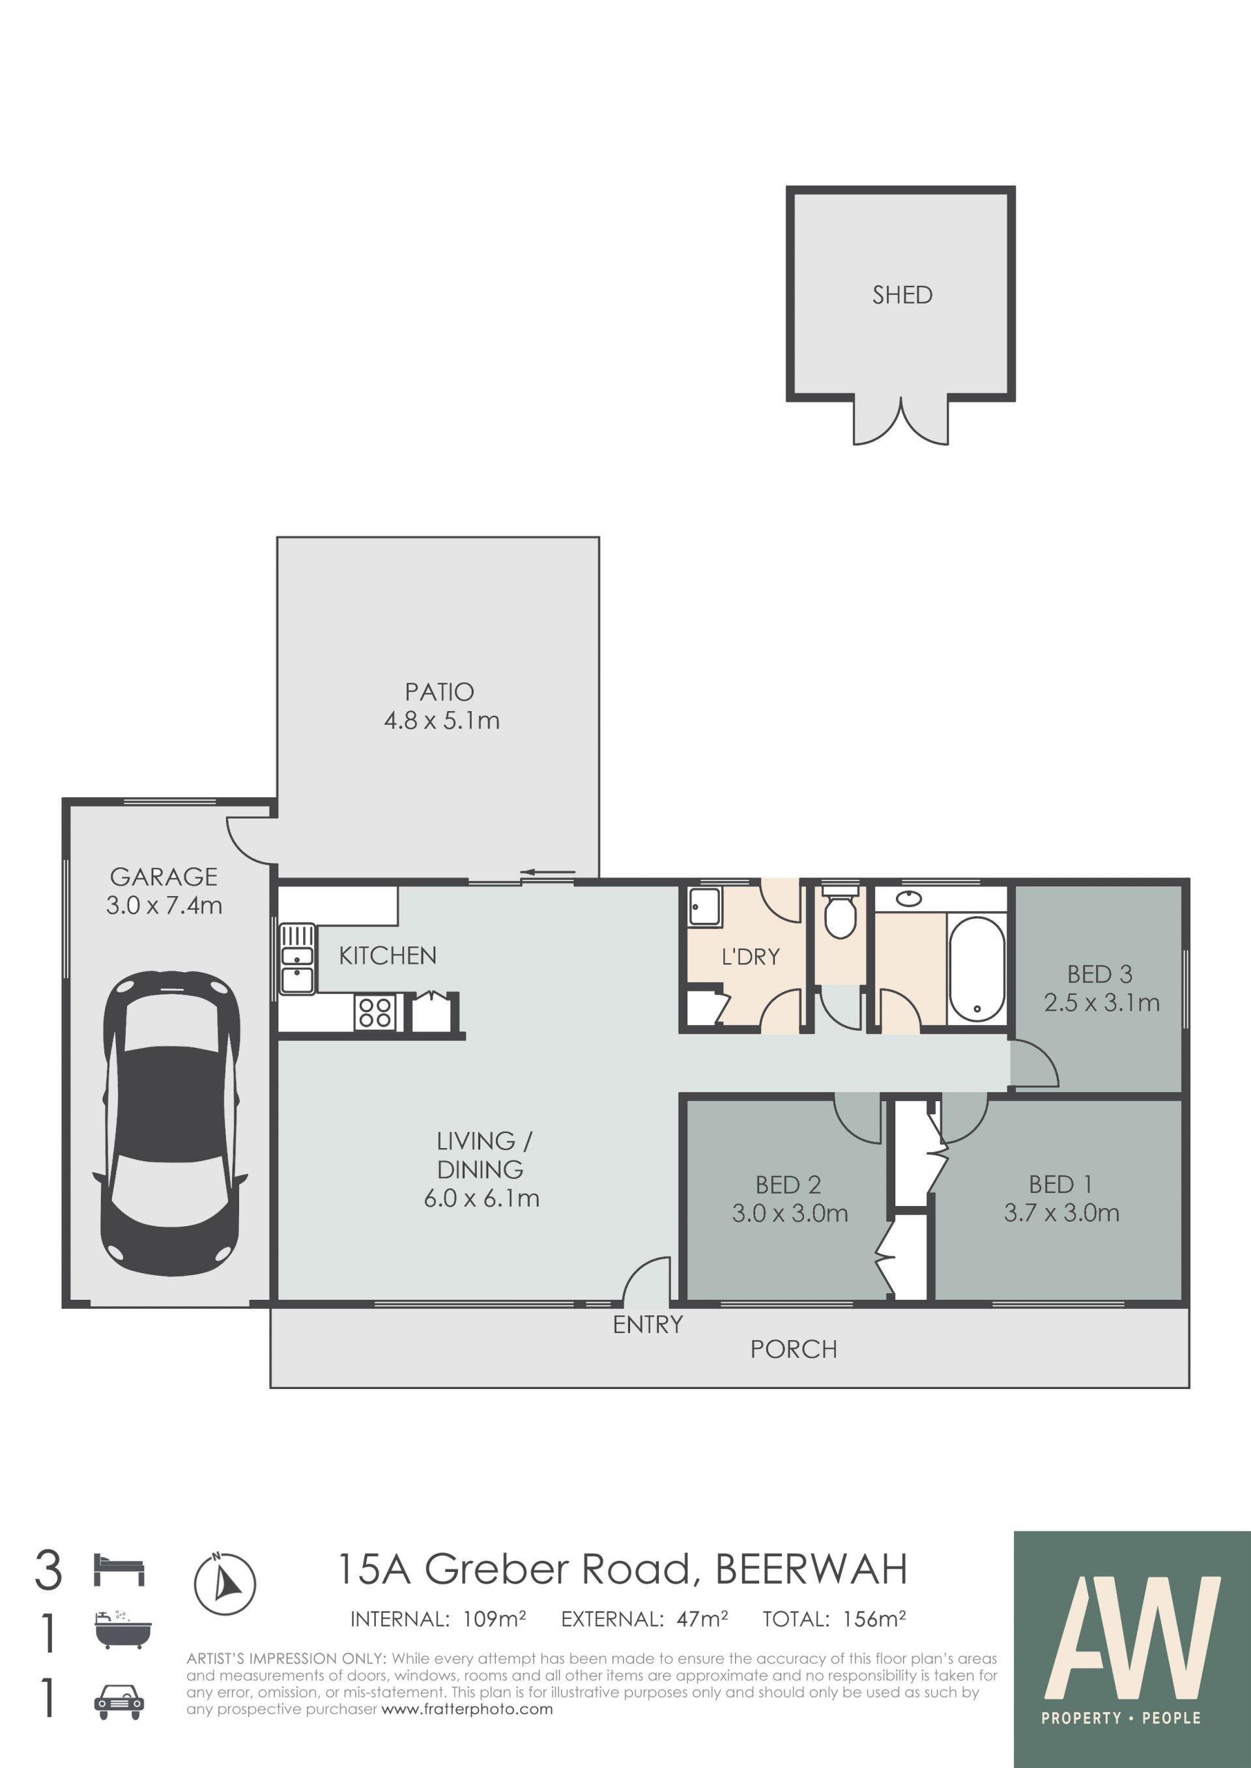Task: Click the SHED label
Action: point(902,295)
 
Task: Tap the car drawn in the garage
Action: point(170,1123)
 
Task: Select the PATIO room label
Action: point(439,692)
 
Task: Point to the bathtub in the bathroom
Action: point(977,969)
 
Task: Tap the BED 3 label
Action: point(1099,974)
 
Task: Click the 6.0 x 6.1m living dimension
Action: point(482,1198)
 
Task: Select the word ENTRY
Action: point(648,1325)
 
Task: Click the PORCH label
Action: point(794,1349)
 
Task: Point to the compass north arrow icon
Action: point(224,1583)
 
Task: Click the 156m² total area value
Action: point(874,1619)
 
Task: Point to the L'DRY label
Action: point(751,957)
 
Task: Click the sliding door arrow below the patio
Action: point(548,873)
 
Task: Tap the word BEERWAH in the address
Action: point(811,1569)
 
